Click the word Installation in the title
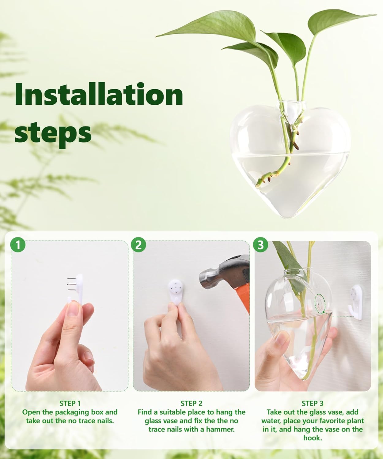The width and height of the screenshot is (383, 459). [99, 94]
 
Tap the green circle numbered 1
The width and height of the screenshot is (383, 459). [18, 245]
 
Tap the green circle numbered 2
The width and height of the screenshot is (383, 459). [138, 245]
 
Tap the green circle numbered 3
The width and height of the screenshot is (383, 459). [260, 245]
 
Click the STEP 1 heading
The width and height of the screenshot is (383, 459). [70, 403]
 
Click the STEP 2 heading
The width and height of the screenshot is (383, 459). [191, 403]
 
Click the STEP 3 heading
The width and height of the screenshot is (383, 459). [313, 403]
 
